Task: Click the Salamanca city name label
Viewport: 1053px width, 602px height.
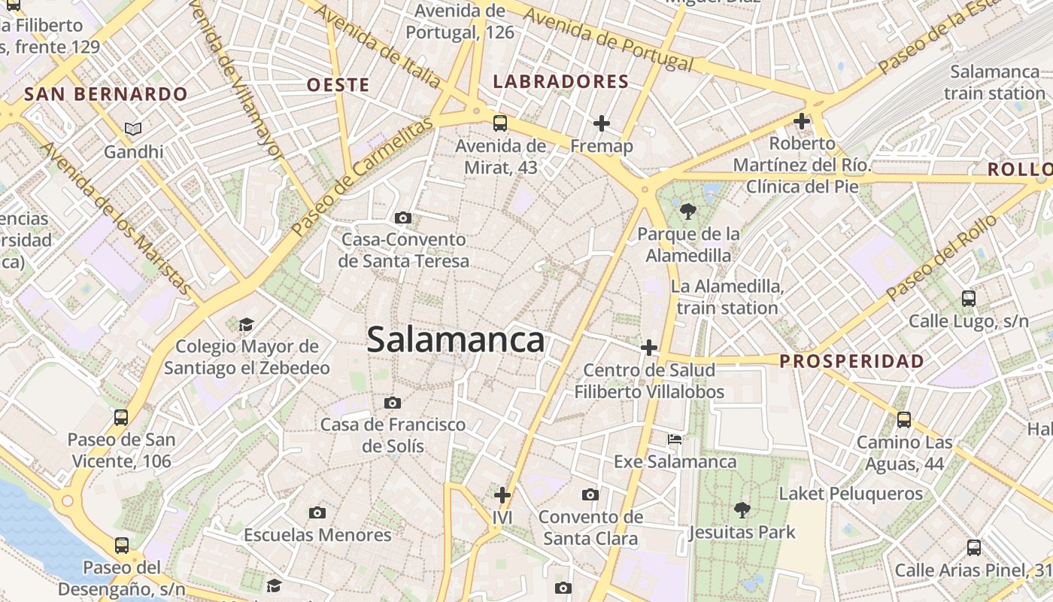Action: pos(456,340)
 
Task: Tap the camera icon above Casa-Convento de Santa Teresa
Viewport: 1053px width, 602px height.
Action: pos(403,218)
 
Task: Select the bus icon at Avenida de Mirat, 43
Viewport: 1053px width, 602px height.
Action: pos(500,123)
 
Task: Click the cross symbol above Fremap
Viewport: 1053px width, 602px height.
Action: pos(602,123)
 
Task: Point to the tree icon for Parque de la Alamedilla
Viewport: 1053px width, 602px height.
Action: pos(687,211)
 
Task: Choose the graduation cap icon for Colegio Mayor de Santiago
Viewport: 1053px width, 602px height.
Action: pos(246,325)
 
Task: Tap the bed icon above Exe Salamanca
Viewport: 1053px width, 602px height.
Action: pos(675,439)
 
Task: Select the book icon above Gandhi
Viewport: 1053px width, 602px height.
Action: pos(133,129)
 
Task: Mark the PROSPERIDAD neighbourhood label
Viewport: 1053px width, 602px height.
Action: pos(851,361)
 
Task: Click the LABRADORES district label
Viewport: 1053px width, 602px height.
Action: pos(560,82)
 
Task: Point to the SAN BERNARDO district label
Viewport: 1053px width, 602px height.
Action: pos(105,94)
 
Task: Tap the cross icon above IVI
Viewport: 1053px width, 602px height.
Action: pos(502,495)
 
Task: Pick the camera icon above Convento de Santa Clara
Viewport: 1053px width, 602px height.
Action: pos(590,494)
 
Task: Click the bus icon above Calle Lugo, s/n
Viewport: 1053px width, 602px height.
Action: pos(969,298)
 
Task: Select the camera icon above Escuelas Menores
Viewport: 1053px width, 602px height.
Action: pos(317,512)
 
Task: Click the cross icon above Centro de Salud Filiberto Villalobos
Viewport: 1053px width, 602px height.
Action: pos(649,348)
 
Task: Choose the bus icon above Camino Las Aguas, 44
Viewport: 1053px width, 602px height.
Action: pos(904,420)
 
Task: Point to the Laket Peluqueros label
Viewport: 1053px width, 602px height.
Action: pos(851,494)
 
